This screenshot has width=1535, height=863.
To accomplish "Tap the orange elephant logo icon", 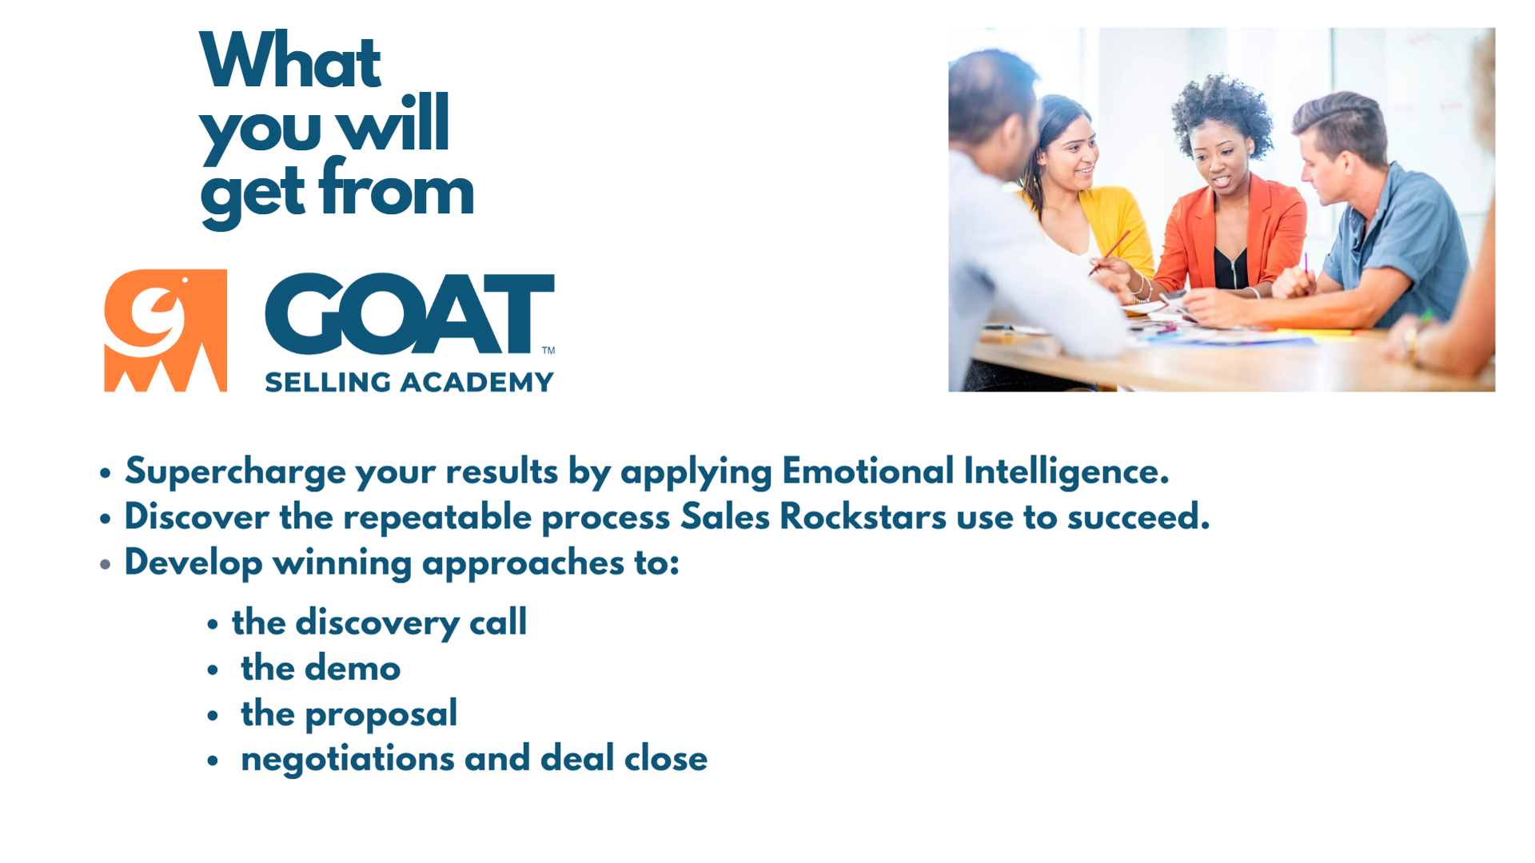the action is coord(165,330).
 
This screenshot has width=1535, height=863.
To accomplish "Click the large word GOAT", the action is coord(409,313).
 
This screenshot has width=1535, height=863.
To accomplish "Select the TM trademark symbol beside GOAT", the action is coord(548,350).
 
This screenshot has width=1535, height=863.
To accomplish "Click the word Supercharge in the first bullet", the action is coord(236,471).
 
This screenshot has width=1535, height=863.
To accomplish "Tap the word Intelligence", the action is coord(1067,471).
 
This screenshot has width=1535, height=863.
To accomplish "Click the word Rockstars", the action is coord(863,516).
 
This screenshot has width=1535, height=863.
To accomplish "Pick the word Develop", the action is coord(193,563).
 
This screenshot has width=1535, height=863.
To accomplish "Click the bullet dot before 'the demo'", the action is coord(213,670).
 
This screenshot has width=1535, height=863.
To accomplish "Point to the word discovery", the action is coord(377,623).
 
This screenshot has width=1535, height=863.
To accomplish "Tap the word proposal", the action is coord(381,714).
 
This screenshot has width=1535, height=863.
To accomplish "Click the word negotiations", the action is coord(348,758).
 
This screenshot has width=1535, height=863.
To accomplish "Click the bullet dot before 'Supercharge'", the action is coord(106,473).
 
